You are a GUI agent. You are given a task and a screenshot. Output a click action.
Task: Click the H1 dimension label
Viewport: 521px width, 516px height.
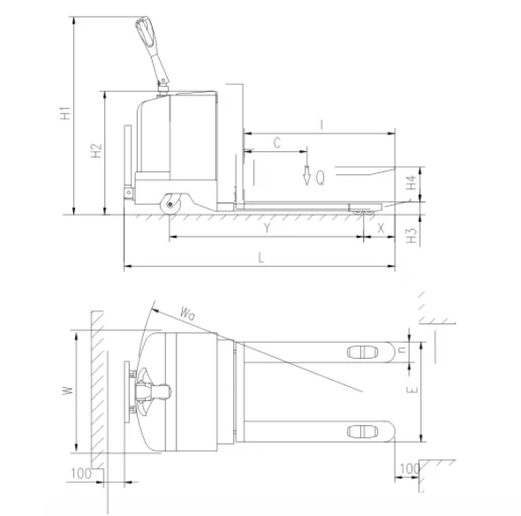(65, 113)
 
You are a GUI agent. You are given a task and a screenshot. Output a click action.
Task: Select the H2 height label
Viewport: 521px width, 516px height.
(96, 150)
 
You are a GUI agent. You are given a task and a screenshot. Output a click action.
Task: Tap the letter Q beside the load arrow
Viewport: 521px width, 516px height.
(321, 178)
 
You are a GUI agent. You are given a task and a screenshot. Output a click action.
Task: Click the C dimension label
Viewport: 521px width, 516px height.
(277, 143)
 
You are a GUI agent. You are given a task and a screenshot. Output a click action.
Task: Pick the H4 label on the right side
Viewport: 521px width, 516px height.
(412, 183)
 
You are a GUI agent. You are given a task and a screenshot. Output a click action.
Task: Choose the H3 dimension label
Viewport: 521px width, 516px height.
(412, 235)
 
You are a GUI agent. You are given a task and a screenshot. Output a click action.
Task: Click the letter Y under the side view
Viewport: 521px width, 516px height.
(267, 228)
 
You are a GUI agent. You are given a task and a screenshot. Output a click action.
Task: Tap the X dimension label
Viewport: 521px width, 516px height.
(381, 228)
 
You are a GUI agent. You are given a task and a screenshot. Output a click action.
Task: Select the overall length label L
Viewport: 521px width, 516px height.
(261, 258)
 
